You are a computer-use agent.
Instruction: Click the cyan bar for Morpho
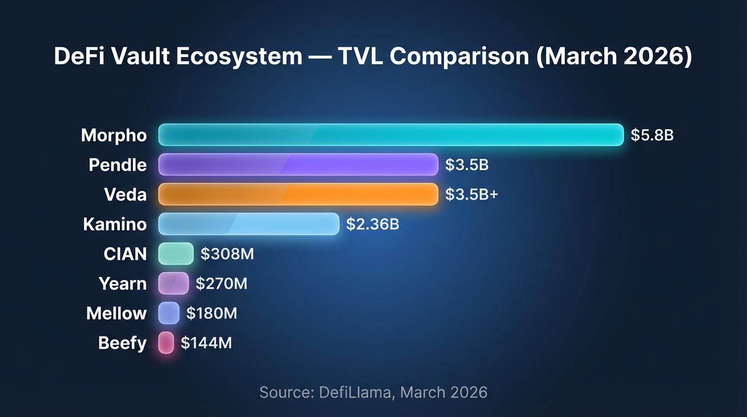pyautogui.click(x=391, y=135)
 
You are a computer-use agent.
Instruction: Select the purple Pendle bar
pyautogui.click(x=298, y=165)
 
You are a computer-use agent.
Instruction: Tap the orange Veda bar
pyautogui.click(x=298, y=194)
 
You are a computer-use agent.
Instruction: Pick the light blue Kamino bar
pyautogui.click(x=249, y=224)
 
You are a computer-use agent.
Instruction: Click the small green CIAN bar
pyautogui.click(x=176, y=254)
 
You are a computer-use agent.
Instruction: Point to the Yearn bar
pyautogui.click(x=173, y=283)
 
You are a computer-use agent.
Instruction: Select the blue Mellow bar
pyautogui.click(x=169, y=313)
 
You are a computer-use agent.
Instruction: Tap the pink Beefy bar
pyautogui.click(x=166, y=343)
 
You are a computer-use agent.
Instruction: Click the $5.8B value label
pyautogui.click(x=652, y=135)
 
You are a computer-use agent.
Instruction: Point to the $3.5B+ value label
pyautogui.click(x=471, y=194)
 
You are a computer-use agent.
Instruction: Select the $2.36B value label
pyautogui.click(x=372, y=224)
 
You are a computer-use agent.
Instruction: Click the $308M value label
pyautogui.click(x=227, y=254)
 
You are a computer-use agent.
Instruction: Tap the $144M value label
pyautogui.click(x=206, y=343)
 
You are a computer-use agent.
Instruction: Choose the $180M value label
pyautogui.click(x=211, y=313)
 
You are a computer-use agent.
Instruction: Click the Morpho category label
pyautogui.click(x=114, y=135)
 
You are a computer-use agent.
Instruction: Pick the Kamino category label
pyautogui.click(x=115, y=224)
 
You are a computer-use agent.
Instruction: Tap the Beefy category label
pyautogui.click(x=122, y=343)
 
